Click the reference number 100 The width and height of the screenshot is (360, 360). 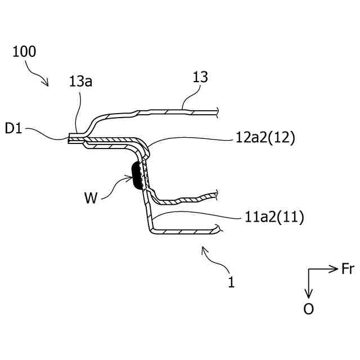point(24,52)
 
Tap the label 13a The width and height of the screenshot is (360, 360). point(80,82)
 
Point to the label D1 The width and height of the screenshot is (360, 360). point(14,129)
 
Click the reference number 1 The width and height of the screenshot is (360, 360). point(231,282)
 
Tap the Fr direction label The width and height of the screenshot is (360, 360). point(348,269)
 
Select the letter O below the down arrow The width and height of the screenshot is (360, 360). point(308,309)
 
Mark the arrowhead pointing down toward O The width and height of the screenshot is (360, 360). point(308,294)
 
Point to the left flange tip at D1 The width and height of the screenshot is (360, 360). point(70,139)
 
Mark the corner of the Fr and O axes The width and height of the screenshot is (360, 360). point(308,269)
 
